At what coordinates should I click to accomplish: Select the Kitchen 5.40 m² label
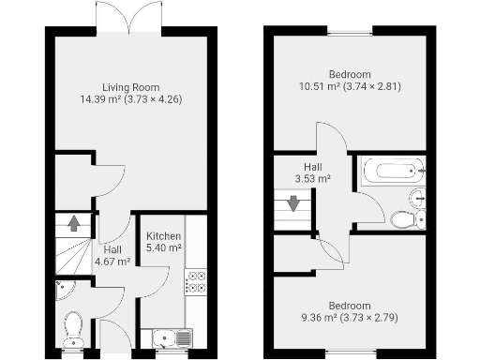pos(163,242)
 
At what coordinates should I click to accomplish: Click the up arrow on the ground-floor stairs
pos(74,224)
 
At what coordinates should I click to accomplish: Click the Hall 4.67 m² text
pos(112,255)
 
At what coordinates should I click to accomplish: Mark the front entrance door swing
pos(113,333)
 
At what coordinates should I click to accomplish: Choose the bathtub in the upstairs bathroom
pos(392,172)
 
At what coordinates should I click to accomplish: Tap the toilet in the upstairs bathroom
pos(406,219)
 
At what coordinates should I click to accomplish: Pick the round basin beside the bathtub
pos(418,197)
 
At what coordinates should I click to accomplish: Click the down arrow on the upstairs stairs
pos(293,202)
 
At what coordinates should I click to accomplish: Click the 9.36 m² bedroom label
pos(349,311)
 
